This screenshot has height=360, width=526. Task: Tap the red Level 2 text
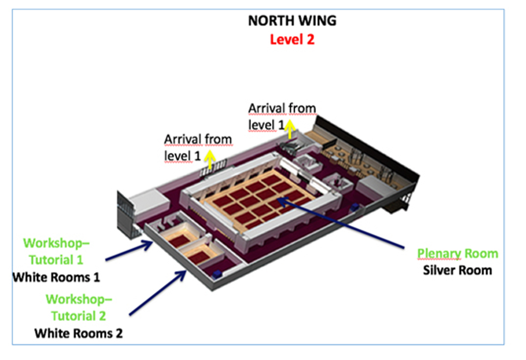point(292,39)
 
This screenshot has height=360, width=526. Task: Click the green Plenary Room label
point(457,253)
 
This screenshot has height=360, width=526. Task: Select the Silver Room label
point(457,270)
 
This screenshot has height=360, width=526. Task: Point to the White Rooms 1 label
point(56,278)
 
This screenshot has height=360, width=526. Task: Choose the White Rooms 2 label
point(78,333)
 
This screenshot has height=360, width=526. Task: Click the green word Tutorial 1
point(56,260)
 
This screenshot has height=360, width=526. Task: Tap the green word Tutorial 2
point(78,316)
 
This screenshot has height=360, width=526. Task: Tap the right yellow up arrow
point(290,130)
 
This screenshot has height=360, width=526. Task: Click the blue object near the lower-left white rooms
point(217,274)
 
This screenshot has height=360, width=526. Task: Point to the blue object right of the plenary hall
point(354,207)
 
